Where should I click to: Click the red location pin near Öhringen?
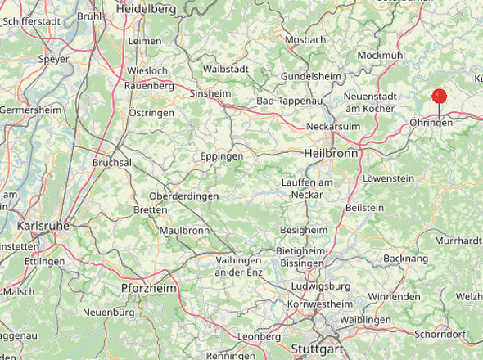click(x=440, y=97)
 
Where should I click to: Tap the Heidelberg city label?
click(x=146, y=8)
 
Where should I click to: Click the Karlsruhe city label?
click(x=42, y=225)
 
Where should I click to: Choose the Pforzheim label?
click(x=149, y=288)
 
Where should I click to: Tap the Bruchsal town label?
click(x=111, y=163)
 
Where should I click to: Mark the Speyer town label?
click(x=54, y=59)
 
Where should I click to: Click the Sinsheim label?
click(x=210, y=94)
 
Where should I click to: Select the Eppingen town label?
click(x=222, y=155)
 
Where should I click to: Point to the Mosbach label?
click(x=305, y=39)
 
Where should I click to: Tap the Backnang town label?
click(x=405, y=258)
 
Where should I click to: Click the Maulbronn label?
click(x=185, y=231)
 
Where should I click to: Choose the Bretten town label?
click(x=150, y=210)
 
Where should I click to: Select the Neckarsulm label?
click(x=333, y=127)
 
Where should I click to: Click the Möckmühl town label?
click(x=381, y=55)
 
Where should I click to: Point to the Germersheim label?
click(x=30, y=110)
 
